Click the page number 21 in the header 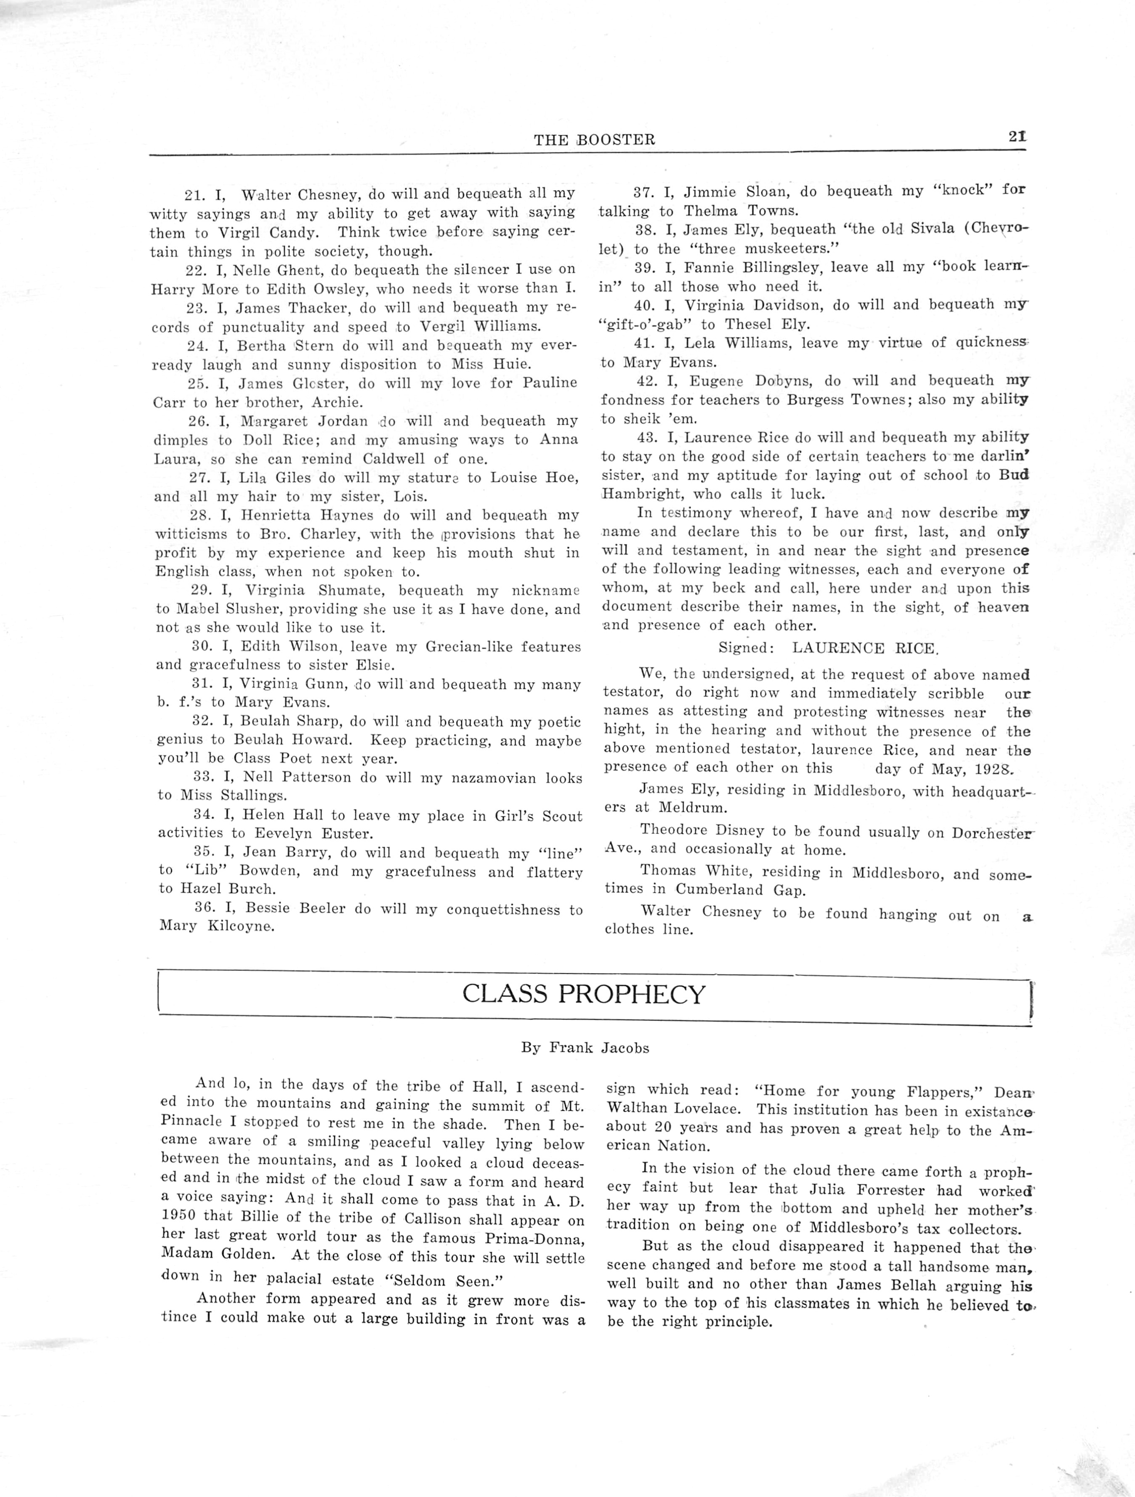point(1017,136)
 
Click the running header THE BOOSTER point(594,140)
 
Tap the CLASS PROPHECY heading point(583,994)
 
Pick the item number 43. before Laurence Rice point(649,437)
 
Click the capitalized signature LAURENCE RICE point(864,649)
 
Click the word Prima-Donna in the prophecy point(537,1239)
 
